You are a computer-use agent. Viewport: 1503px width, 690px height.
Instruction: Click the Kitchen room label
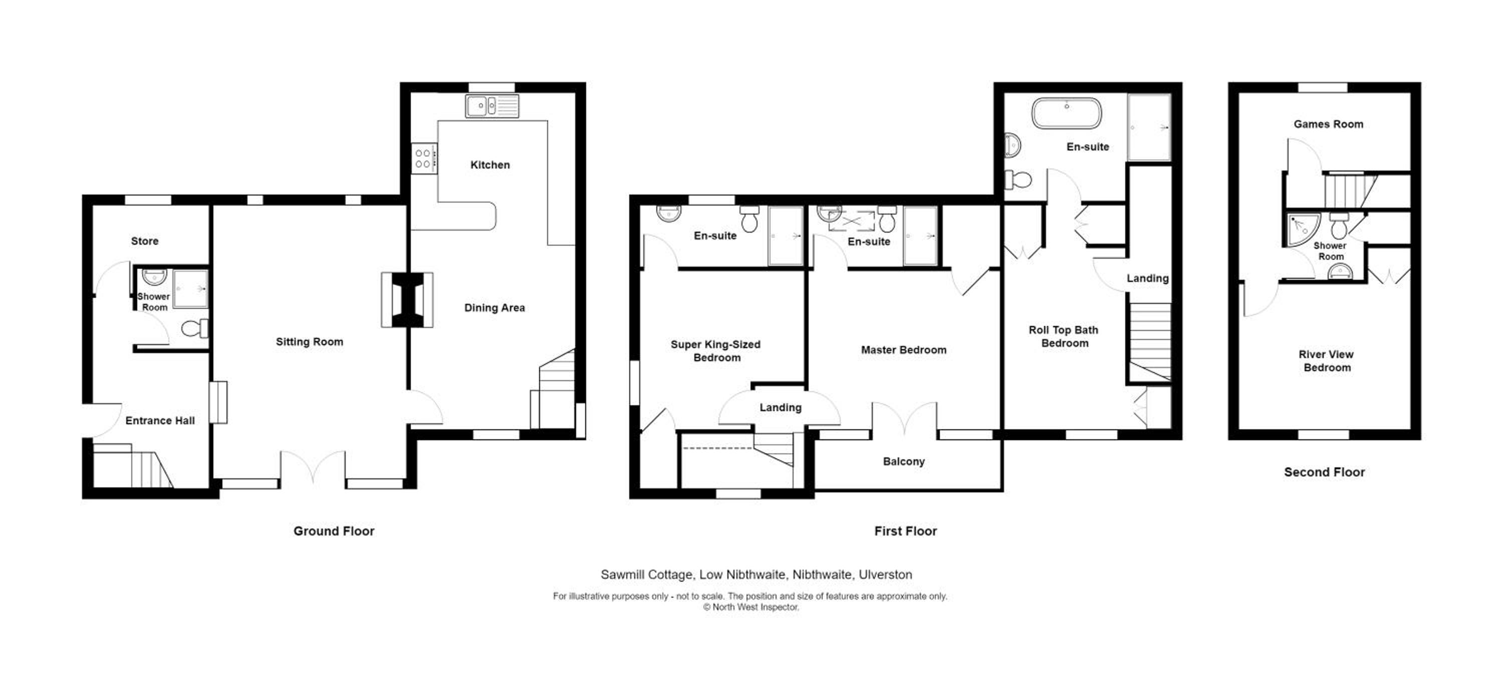(x=490, y=165)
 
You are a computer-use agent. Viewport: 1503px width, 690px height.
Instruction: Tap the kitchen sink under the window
(x=492, y=106)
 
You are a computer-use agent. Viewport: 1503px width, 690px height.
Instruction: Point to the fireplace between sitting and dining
(x=407, y=300)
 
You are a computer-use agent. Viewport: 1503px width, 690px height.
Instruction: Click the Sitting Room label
(x=309, y=342)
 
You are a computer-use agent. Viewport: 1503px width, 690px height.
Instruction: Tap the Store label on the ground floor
(x=145, y=241)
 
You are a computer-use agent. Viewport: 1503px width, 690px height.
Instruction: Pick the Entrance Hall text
(x=160, y=421)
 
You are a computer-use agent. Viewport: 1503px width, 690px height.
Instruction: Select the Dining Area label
(x=494, y=308)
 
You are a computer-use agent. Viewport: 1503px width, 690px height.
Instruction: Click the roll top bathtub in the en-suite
(x=1067, y=113)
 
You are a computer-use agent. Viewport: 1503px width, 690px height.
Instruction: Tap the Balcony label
(x=904, y=462)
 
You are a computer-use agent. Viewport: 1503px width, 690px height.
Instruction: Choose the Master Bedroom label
(x=904, y=350)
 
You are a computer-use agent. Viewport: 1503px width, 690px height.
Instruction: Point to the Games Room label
(x=1329, y=124)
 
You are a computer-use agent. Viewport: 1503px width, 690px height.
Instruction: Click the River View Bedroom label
(x=1326, y=361)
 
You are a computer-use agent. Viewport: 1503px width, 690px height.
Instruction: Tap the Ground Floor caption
(x=334, y=531)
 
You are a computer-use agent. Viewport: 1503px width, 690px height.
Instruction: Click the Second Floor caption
(x=1325, y=472)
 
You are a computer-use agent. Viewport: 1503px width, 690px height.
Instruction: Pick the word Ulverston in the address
(x=886, y=575)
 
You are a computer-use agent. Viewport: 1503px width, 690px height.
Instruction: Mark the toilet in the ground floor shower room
(x=195, y=328)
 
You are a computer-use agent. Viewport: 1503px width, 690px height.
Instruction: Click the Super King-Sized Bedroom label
(x=716, y=352)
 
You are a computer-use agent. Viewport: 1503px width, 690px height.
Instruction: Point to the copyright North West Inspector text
(x=751, y=607)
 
